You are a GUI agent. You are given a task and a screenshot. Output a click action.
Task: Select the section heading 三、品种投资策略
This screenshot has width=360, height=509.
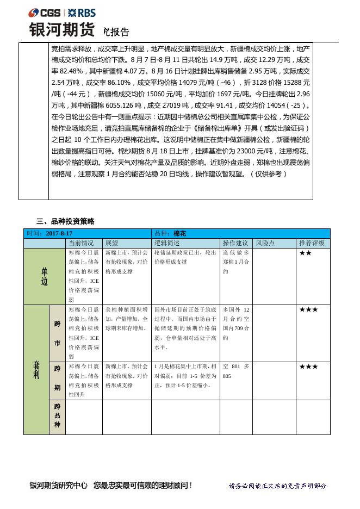point(65,221)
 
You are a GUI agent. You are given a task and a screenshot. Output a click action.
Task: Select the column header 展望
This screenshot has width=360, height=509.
point(111,243)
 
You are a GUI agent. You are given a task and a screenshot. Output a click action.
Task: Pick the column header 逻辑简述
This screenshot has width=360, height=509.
point(167,243)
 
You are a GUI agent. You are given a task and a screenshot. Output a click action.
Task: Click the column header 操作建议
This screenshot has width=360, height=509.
point(235,243)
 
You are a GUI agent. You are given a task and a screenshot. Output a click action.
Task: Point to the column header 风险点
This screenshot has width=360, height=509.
point(265,243)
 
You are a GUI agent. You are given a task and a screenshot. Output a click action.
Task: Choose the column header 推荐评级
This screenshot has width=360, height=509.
point(312,243)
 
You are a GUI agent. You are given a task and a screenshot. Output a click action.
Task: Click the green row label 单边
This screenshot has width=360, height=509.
point(44,277)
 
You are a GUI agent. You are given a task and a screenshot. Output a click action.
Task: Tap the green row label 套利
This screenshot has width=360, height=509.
point(36,370)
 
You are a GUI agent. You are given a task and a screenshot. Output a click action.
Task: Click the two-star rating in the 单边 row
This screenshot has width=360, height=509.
point(305,253)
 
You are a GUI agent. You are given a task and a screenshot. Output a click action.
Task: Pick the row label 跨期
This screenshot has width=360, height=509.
point(57,379)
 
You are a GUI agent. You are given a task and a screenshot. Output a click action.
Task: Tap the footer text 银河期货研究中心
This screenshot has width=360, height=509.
point(59,485)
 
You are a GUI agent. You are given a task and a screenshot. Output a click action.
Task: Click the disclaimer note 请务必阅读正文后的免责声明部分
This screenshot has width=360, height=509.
point(278,486)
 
